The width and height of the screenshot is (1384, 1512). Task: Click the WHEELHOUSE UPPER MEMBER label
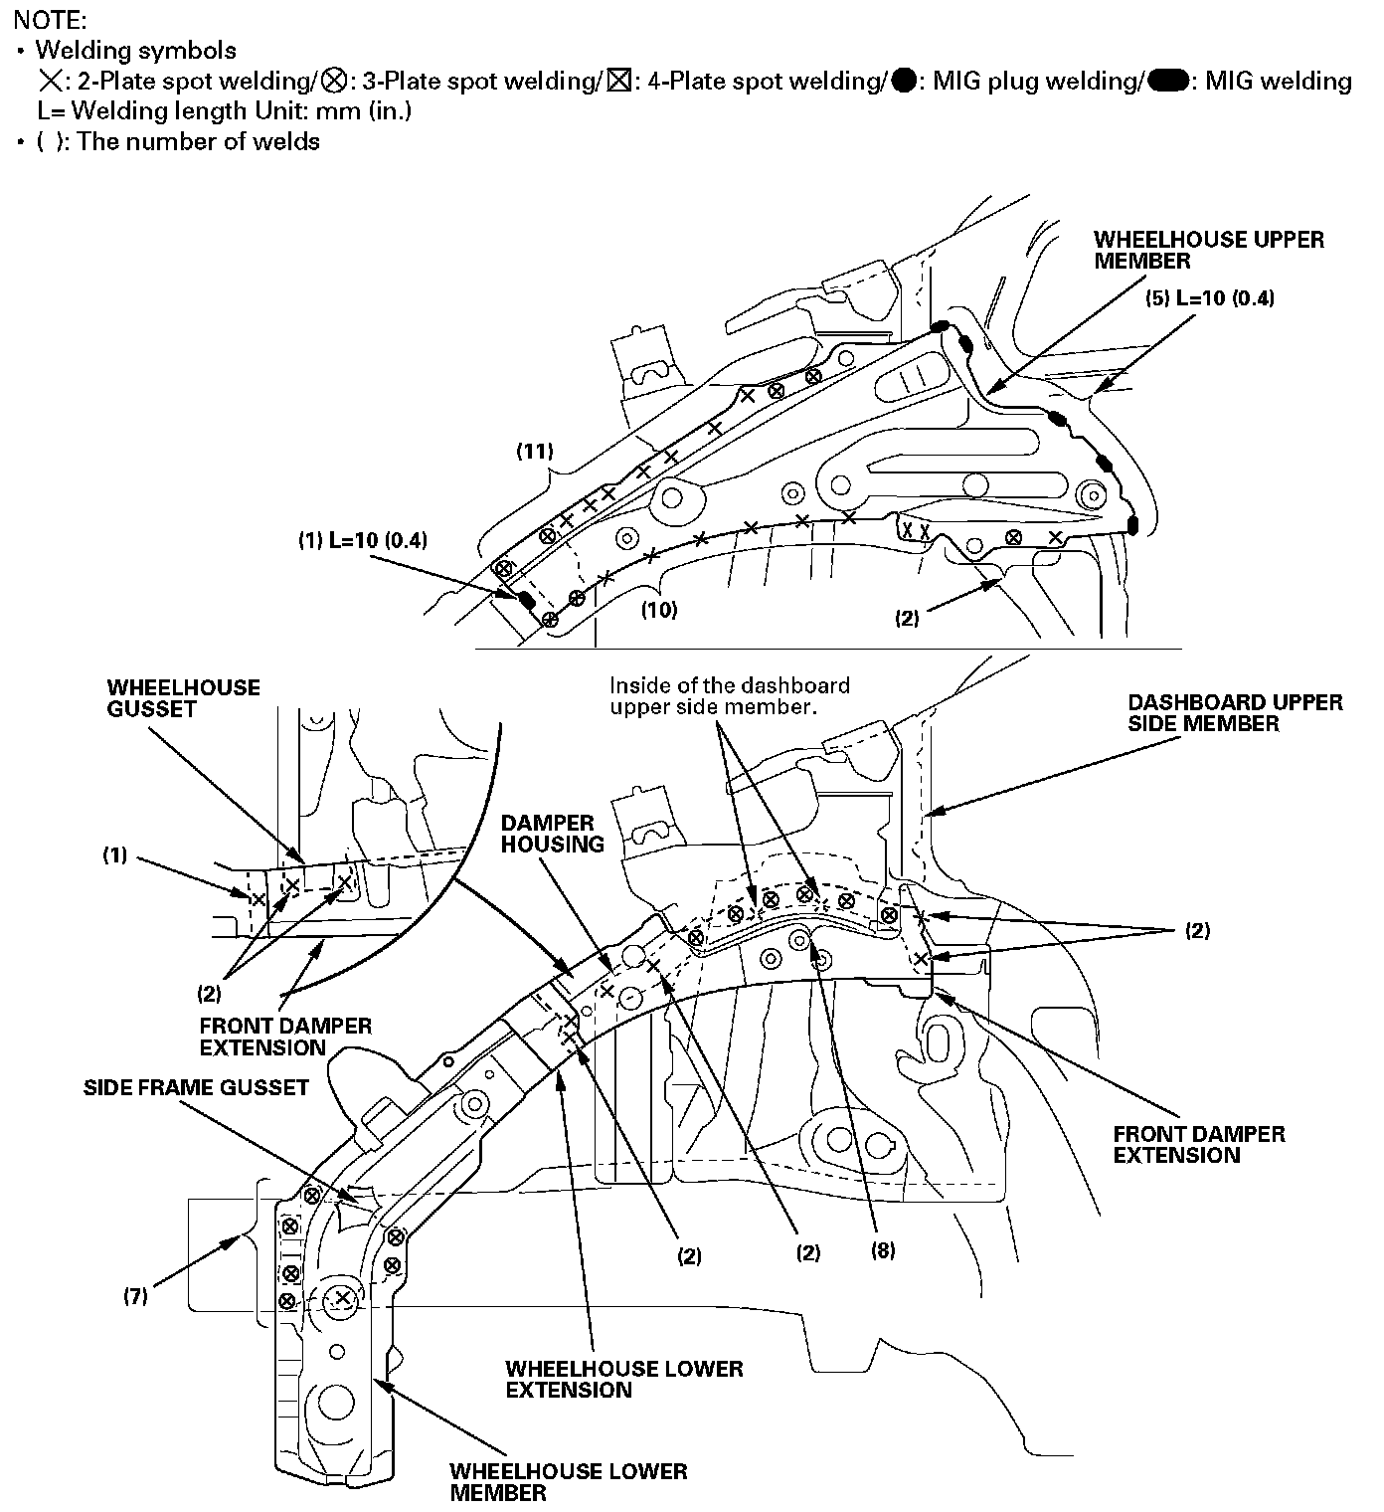point(1209,250)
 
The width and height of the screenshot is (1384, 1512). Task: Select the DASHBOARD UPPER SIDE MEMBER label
point(1235,713)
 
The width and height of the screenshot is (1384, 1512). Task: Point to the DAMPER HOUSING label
point(553,834)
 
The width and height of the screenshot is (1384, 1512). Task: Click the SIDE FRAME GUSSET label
point(196,1087)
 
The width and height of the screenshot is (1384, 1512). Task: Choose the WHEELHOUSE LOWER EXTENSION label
point(624,1379)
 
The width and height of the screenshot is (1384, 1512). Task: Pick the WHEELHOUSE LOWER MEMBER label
point(568,1481)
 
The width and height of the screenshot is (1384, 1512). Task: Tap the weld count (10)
point(658,610)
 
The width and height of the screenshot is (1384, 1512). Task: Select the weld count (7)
point(136,1296)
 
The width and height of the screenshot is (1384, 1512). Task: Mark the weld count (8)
point(883,1251)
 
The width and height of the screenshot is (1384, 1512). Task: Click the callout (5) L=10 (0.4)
point(1210,298)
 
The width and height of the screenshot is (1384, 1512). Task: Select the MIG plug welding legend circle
point(904,81)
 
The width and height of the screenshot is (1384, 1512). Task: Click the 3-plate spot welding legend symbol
point(335,81)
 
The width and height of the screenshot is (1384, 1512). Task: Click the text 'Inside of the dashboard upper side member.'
point(729,696)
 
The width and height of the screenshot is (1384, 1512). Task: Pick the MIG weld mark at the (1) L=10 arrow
point(524,600)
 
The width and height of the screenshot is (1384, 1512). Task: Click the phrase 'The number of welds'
point(198,141)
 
